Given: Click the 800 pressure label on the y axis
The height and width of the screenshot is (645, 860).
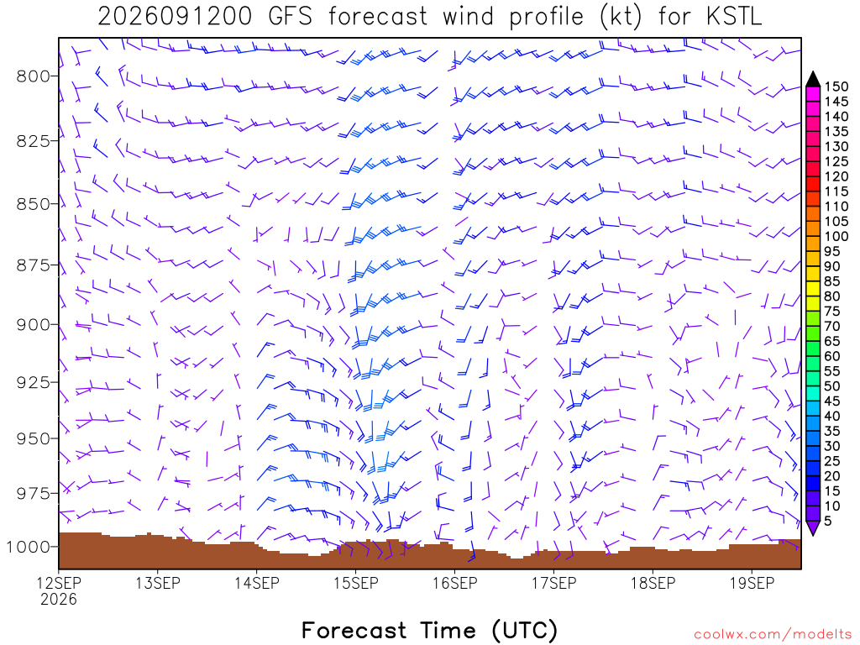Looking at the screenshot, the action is [34, 76].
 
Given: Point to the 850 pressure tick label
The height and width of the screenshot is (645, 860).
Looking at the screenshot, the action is [34, 203].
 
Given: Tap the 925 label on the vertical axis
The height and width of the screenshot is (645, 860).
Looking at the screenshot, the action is [34, 382].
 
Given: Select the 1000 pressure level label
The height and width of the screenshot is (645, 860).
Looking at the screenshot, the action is [29, 547].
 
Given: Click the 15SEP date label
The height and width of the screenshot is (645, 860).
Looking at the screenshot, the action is [356, 583].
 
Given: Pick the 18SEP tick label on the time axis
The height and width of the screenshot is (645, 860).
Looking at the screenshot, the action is [653, 583].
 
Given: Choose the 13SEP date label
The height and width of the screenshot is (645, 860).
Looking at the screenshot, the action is [158, 583].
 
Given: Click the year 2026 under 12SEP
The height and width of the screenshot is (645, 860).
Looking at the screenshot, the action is [59, 600].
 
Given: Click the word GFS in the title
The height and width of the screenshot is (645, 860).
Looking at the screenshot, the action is [290, 17].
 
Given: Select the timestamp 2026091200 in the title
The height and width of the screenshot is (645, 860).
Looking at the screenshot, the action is [175, 17].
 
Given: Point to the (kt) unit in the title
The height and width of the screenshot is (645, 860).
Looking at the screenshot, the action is [621, 17].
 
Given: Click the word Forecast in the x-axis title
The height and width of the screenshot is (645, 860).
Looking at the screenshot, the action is [354, 631].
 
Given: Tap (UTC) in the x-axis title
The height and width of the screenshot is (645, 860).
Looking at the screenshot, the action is [525, 631].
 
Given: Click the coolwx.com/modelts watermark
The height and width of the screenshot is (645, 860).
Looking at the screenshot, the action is [773, 635].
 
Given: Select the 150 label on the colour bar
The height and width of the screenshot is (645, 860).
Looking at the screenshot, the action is [836, 87].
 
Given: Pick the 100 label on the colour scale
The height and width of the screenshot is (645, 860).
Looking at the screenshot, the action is [836, 236].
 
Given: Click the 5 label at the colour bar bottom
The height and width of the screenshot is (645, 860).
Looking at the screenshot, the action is [828, 521].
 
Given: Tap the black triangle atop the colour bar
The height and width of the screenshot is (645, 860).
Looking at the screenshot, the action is [813, 79].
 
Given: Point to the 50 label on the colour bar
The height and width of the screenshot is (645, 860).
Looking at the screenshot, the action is [832, 386].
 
